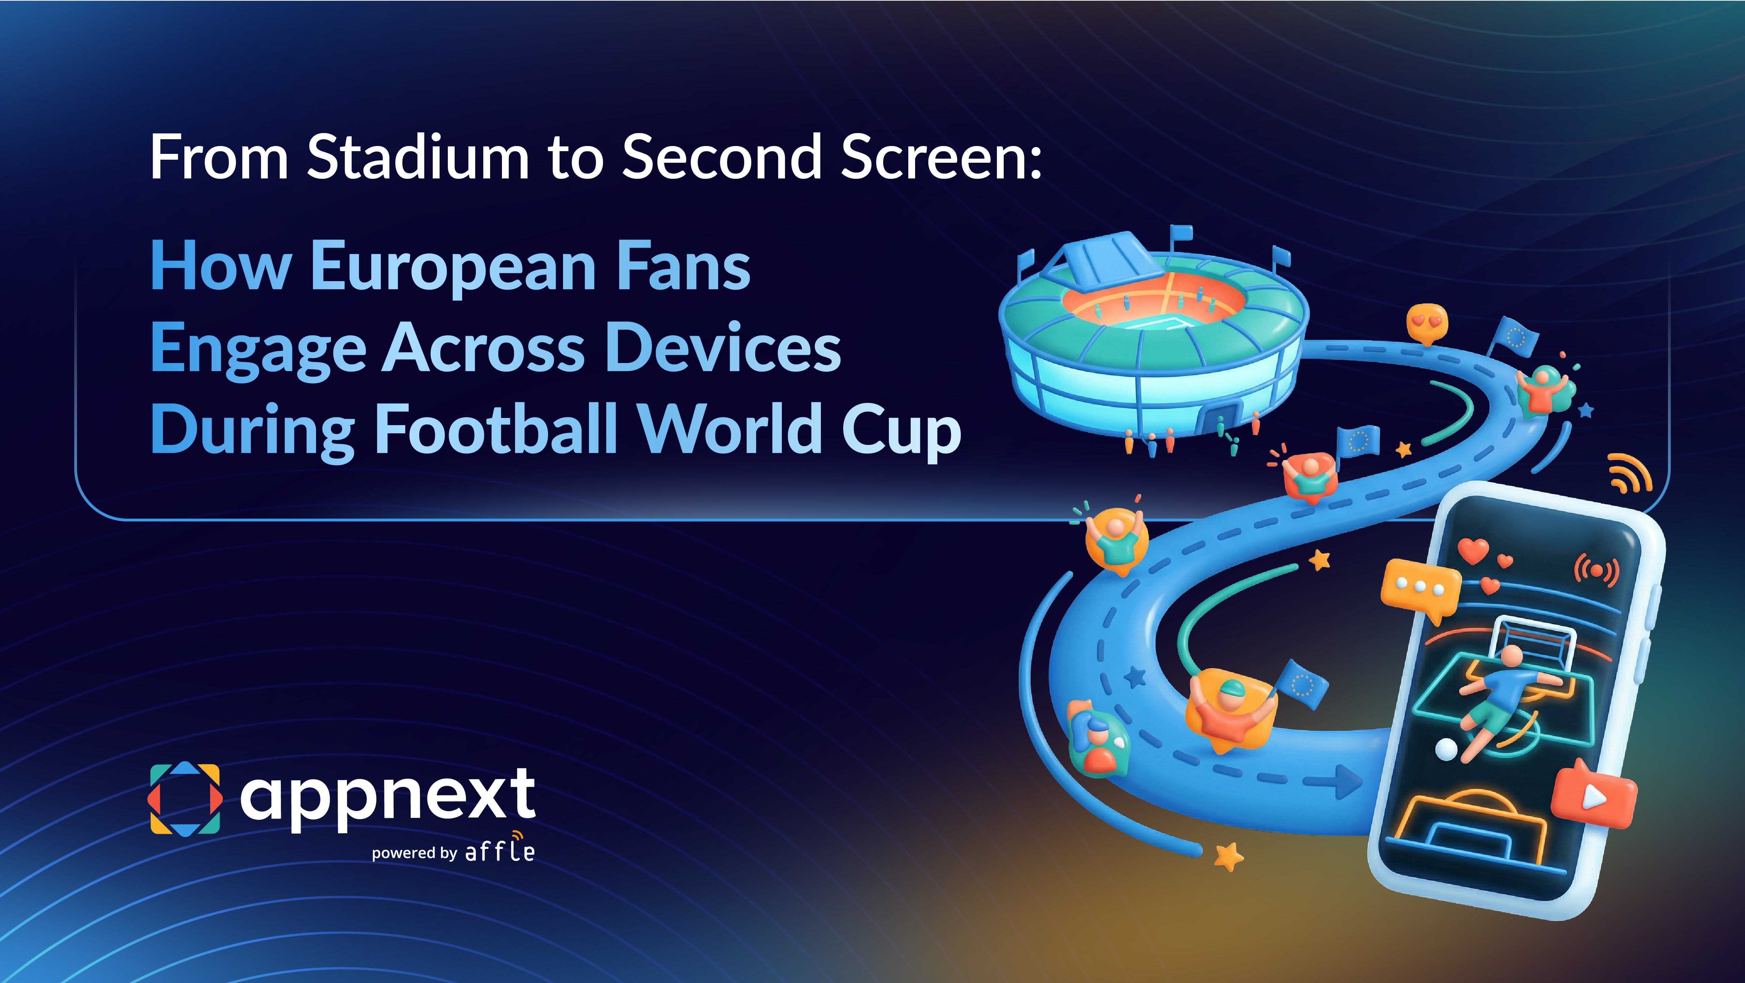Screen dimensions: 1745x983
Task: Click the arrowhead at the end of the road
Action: (1348, 782)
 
